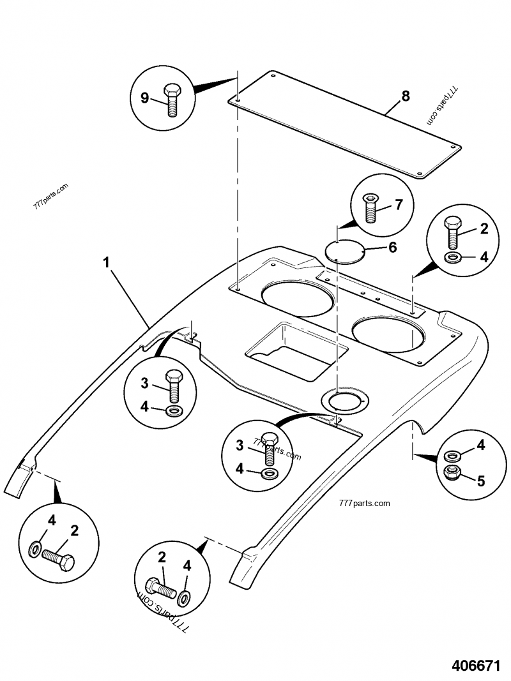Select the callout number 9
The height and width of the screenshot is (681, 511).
coord(144,98)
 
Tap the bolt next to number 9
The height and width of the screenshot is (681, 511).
coord(171,99)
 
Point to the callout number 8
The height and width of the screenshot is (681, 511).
coord(405,97)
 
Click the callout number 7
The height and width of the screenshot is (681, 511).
coord(398,205)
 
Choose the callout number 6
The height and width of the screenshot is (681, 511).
coord(392,246)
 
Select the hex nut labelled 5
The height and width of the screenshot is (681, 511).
coord(453,473)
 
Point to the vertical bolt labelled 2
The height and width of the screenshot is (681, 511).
coord(453,232)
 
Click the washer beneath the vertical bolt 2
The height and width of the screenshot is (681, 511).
coord(453,258)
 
